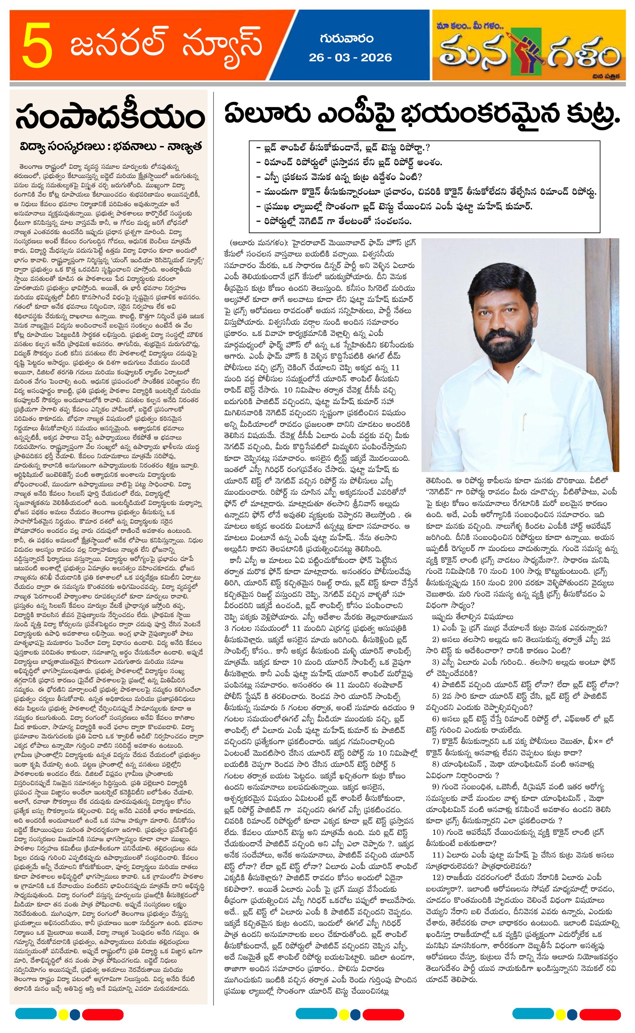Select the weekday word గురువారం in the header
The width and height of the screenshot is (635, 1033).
click(347, 39)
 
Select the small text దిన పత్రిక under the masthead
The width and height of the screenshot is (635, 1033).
click(609, 76)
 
